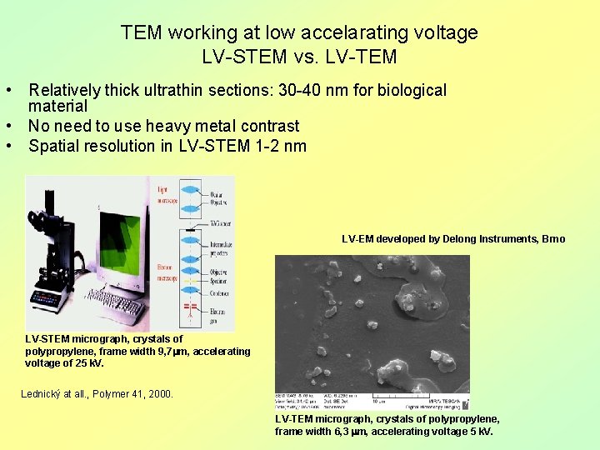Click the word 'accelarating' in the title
(x=344, y=32)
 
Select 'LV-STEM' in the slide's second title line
(x=245, y=57)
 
